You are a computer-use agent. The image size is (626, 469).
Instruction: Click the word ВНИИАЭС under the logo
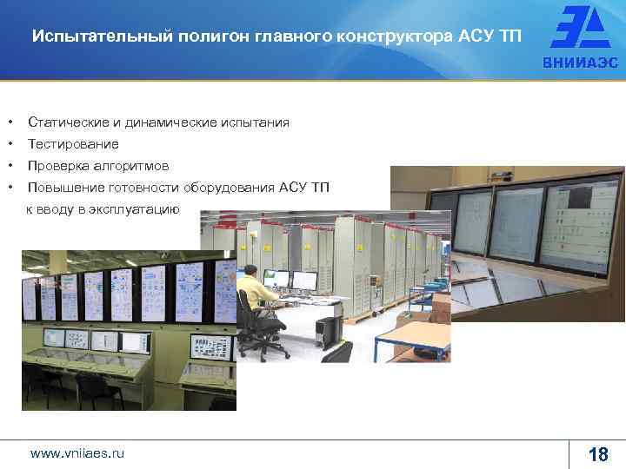pos(578,63)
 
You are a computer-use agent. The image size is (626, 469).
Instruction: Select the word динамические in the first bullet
pos(165,122)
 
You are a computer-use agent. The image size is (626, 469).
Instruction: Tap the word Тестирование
pos(73,144)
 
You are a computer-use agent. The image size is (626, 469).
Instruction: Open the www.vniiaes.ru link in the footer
pos(77,452)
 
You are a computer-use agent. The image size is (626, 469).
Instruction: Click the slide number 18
pos(598,453)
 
